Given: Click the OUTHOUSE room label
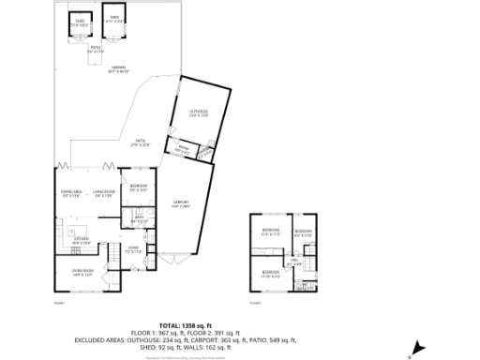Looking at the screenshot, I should coord(198,113).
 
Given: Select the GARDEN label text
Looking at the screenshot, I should coord(118,68).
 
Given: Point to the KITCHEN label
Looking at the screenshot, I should coord(82,241).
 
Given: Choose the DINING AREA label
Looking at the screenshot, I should coord(72,194).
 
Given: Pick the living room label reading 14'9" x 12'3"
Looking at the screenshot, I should coord(82,273).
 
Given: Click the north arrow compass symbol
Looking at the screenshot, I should coord(410,353).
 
